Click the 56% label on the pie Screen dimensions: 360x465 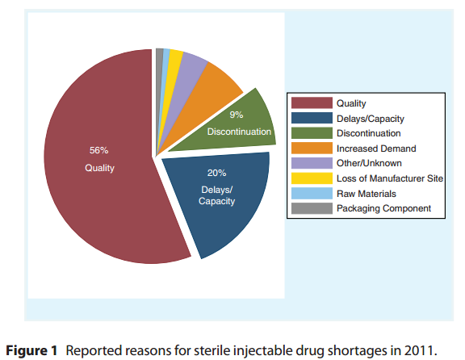[x=98, y=150]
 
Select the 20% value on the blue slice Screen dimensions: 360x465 [x=216, y=173]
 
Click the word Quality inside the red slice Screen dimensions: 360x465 [x=100, y=168]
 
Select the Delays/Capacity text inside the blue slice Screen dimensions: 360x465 [x=216, y=195]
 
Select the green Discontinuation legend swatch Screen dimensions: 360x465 [x=311, y=133]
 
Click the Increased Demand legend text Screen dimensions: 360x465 [x=376, y=149]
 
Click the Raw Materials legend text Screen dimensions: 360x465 [x=367, y=194]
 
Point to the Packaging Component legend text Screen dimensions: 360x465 [x=384, y=208]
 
